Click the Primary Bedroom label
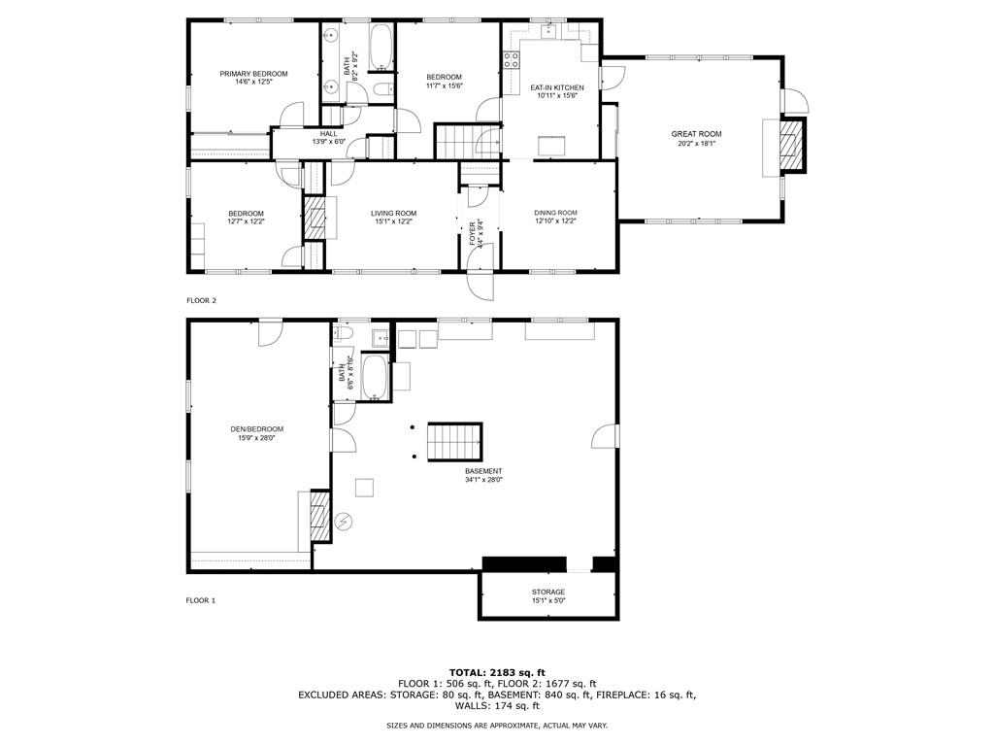(253, 74)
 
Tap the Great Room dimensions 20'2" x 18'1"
(696, 144)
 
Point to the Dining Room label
(555, 213)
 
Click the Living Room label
(393, 213)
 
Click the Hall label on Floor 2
(329, 134)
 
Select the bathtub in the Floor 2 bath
(382, 48)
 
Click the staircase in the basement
(455, 442)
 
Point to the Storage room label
(547, 592)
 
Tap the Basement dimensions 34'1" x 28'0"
(483, 479)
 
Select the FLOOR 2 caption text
(202, 300)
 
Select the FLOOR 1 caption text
(201, 600)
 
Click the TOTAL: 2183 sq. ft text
(497, 672)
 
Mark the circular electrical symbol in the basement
(343, 522)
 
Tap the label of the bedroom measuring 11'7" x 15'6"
(444, 78)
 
